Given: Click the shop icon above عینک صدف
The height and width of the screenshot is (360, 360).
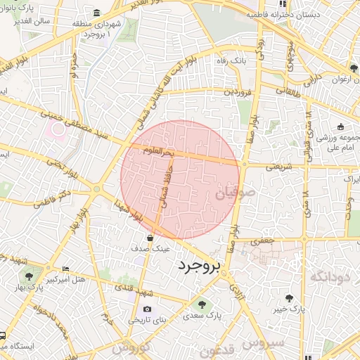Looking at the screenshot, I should point(150,238).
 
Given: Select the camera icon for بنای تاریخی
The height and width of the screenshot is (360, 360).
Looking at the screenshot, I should point(147,309).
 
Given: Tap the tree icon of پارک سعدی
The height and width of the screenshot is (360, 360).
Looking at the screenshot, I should point(202,304).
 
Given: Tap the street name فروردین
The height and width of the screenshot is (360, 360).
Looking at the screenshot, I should point(237,91).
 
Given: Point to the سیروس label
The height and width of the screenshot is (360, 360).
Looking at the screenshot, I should point(264,342).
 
